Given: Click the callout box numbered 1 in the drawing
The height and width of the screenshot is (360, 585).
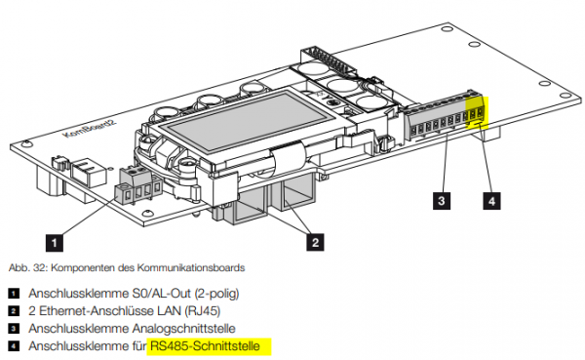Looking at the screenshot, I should tap(58, 238).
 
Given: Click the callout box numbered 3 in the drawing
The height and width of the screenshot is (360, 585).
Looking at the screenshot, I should tap(442, 202).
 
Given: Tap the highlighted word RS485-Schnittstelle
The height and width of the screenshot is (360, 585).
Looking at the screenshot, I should tap(210, 346).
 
